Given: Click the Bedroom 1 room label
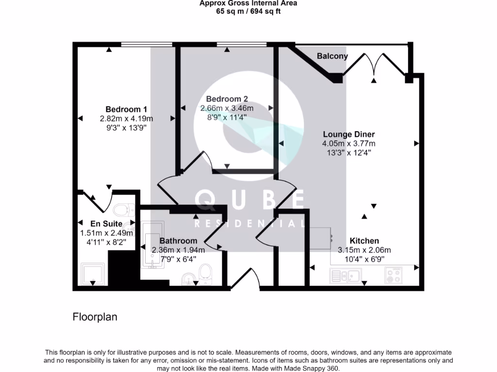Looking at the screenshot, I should tap(126, 109).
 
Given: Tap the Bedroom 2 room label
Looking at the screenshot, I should tap(227, 99).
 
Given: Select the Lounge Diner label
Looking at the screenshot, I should tap(348, 134).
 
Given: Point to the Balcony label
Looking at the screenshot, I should tap(332, 56).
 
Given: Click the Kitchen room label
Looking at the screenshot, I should tap(364, 241).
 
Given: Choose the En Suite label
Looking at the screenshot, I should tap(105, 224).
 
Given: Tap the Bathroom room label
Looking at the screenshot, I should tap(178, 241).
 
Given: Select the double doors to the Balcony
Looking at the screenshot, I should tap(374, 65).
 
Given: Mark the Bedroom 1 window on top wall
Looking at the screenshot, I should tap(147, 45).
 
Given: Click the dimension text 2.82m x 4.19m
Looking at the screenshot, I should tap(126, 119).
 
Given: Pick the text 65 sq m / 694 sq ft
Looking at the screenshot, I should tap(248, 11).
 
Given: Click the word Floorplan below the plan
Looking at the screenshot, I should tap(95, 317).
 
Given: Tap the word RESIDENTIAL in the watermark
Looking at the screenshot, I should tap(249, 224).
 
